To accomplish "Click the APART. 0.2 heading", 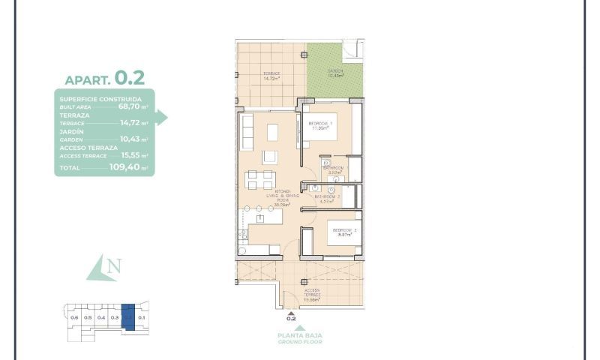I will pos(104,78).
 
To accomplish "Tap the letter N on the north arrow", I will pos(114,265).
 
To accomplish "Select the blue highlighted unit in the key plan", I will pos(128,316).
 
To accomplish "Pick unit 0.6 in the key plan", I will pos(74,318).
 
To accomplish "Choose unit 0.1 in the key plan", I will pos(142,318).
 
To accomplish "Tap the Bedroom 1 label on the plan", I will pos(322,125).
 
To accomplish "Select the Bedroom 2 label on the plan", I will pos(344,232).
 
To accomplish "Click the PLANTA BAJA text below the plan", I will pos(291,335).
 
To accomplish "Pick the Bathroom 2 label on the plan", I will pos(328,198).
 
